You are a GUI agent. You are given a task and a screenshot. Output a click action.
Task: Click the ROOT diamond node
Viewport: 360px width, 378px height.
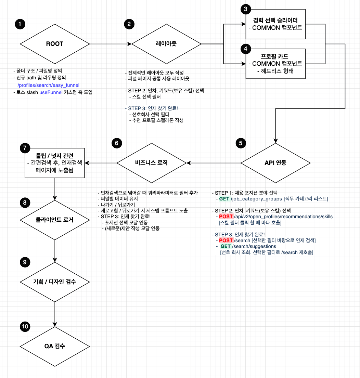coord(55,44)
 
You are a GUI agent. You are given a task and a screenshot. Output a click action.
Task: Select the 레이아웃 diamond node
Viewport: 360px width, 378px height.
coord(166,44)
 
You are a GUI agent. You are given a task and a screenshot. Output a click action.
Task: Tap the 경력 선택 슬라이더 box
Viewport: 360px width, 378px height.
coord(277,24)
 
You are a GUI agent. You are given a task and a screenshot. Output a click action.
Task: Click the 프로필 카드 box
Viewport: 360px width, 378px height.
coord(277,64)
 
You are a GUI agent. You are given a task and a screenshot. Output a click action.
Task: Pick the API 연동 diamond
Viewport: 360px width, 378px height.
coord(275,163)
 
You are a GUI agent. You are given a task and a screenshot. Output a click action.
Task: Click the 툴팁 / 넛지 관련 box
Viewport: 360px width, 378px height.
coord(55,163)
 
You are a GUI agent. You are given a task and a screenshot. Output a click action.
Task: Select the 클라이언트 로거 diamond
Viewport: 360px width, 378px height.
coord(55,220)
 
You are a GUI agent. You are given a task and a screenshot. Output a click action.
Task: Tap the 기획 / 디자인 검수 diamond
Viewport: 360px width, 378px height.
coord(55,282)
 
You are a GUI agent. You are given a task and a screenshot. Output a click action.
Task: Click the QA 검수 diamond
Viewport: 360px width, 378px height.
coord(55,346)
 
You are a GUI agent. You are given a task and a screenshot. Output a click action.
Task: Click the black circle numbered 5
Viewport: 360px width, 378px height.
coord(241,143)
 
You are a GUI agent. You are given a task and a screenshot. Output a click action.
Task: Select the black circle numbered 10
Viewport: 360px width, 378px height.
coord(25,326)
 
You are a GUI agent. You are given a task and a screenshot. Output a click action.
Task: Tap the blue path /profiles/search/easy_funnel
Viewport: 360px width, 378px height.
coord(48,85)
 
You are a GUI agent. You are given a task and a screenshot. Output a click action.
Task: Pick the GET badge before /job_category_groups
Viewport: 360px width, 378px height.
coord(224,199)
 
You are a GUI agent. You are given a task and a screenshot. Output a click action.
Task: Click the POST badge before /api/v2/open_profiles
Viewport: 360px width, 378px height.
coord(226,217)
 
